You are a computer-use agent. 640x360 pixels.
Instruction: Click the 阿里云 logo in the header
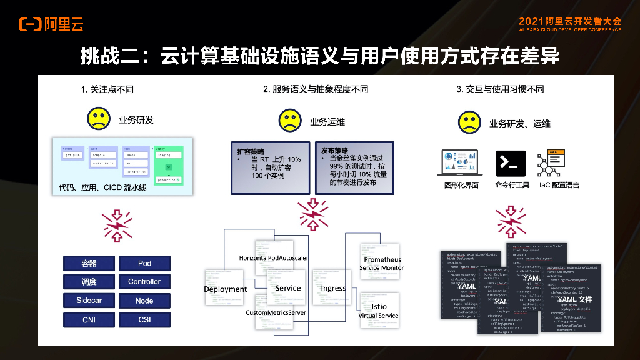51,24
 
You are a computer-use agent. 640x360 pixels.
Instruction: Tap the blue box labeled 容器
89,264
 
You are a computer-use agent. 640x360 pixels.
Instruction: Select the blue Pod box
144,264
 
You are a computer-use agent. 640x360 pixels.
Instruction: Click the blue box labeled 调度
89,282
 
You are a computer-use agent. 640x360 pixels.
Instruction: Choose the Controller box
144,282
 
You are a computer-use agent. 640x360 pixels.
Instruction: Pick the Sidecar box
89,301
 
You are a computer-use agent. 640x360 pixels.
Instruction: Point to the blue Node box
144,301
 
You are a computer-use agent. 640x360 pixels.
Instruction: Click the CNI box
89,320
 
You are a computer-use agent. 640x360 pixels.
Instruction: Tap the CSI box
144,320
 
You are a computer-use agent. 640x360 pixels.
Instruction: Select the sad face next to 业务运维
289,120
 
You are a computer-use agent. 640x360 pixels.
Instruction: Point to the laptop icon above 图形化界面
460,163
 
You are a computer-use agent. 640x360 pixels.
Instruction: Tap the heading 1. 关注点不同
107,89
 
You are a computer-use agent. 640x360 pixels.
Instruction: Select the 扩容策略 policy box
269,168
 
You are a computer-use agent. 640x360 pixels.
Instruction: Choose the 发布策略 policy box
354,168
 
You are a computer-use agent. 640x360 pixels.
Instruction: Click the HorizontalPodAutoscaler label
273,258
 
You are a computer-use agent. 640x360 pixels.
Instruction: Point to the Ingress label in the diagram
333,288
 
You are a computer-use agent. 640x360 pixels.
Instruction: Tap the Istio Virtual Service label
379,311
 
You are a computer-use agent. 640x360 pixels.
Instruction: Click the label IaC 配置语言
559,186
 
